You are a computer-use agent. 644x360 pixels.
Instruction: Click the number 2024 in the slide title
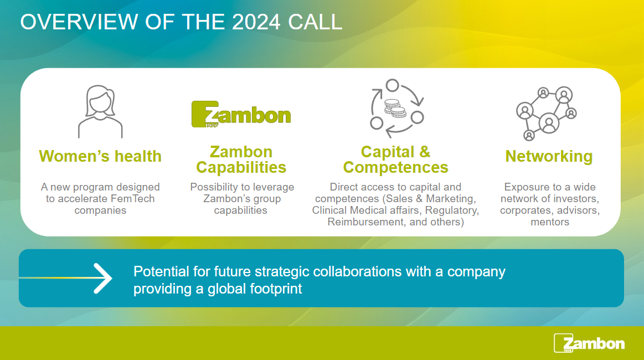point(256,22)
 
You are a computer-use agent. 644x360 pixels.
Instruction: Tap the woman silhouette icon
point(100,111)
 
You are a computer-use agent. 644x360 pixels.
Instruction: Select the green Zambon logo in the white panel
point(241,114)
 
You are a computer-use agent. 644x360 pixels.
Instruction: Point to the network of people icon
point(546,114)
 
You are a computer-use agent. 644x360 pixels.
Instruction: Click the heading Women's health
point(100,156)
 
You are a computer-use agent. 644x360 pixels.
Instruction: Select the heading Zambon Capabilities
point(241,160)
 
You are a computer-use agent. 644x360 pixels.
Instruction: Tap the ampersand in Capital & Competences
point(425,152)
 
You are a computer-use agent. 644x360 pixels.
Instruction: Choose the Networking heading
point(549,157)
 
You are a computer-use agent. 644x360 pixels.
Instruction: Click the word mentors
point(550,222)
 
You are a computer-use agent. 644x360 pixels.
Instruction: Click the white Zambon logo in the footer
point(589,343)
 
